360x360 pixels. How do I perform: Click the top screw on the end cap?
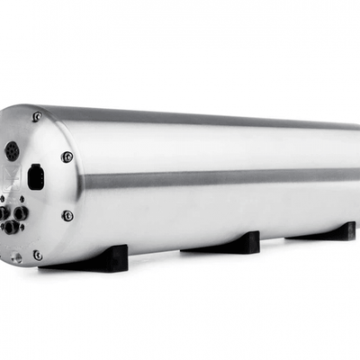click(37, 116)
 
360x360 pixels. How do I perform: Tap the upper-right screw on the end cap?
click(67, 157)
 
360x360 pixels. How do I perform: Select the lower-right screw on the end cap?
click(67, 215)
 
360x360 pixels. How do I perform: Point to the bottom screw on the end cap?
click(37, 255)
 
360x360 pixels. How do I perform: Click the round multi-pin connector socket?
click(11, 150)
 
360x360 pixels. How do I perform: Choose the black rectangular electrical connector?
click(34, 176)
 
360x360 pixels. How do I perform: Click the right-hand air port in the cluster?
click(20, 213)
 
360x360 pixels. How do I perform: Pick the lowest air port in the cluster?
click(12, 227)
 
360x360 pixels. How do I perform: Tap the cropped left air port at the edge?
click(3, 216)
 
